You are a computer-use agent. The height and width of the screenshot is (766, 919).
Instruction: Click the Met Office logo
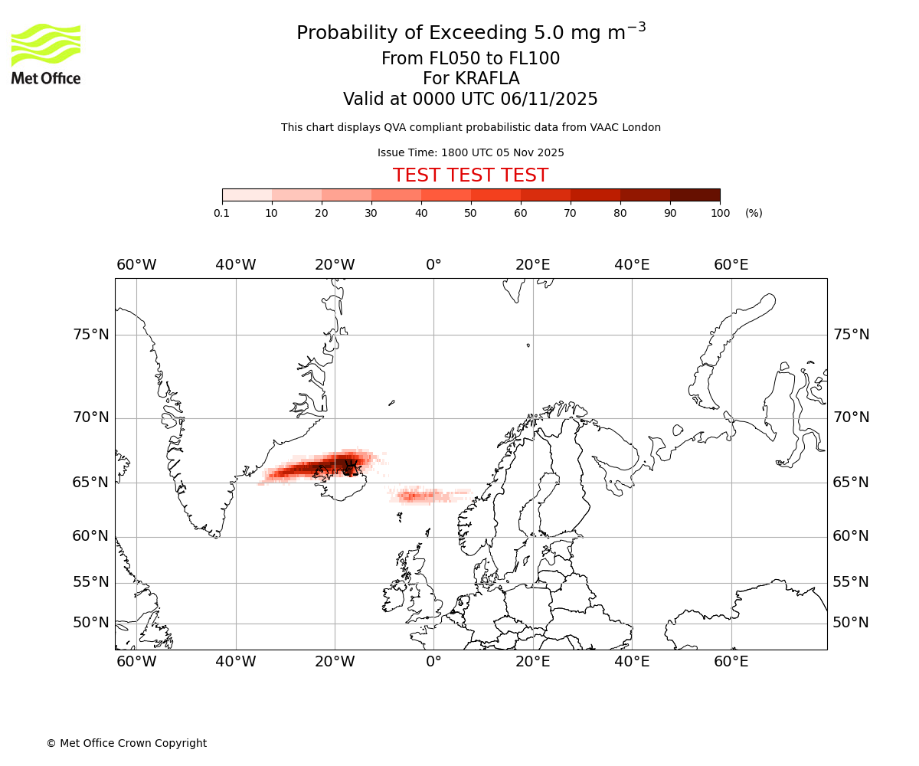tap(46, 54)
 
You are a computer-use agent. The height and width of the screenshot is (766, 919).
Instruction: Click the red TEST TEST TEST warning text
tap(470, 175)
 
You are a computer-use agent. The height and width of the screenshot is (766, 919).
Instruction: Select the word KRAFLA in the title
tap(471, 79)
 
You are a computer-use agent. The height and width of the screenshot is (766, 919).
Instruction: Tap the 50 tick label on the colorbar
tap(470, 213)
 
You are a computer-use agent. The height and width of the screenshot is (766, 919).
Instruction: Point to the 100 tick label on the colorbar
tap(720, 213)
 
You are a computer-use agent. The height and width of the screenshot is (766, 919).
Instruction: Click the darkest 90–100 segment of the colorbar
tap(695, 195)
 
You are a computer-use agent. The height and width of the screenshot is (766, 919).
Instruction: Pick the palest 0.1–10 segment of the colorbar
tap(247, 195)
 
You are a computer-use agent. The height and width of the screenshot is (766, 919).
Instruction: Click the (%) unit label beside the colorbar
tap(754, 213)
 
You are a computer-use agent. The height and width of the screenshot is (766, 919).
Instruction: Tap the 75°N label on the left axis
tap(90, 335)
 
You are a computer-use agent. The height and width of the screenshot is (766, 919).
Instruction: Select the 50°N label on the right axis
tap(851, 623)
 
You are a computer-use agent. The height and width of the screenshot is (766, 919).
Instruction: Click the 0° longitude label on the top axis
tap(433, 265)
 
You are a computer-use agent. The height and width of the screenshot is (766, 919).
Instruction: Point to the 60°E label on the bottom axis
tap(731, 662)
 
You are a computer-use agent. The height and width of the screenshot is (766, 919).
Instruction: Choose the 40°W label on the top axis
tap(235, 265)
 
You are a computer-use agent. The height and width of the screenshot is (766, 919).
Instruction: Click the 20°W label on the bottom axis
tap(335, 662)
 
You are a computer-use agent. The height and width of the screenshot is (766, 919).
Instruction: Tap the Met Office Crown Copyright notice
tap(126, 743)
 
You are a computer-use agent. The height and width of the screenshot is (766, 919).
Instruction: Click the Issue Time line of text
tap(470, 152)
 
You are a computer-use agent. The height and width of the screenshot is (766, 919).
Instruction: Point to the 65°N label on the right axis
tap(851, 483)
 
